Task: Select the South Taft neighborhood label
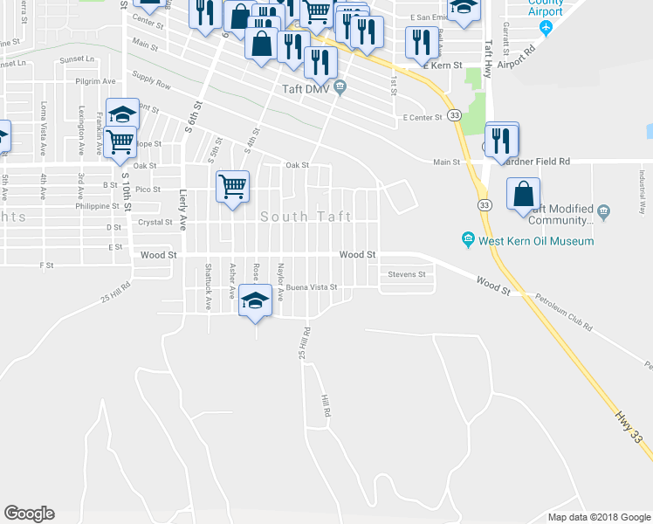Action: click(306, 217)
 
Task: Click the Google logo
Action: click(29, 514)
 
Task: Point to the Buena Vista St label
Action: click(312, 286)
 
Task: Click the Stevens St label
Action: click(407, 274)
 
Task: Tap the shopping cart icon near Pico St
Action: click(233, 185)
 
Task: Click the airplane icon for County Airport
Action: click(547, 27)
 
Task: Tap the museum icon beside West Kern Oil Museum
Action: click(469, 240)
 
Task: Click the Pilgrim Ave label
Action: click(95, 80)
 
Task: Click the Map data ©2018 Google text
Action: click(598, 517)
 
